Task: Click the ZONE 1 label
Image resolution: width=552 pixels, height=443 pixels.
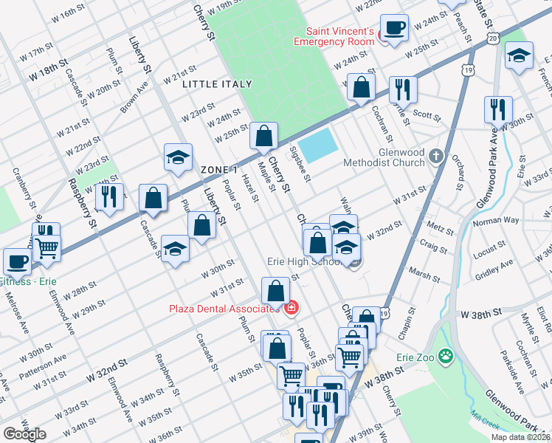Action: (218, 170)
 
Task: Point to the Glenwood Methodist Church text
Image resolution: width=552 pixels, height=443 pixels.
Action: (384, 157)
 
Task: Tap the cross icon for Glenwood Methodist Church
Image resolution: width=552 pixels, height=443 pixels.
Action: (437, 156)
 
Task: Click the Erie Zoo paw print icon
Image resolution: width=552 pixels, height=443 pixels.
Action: (445, 357)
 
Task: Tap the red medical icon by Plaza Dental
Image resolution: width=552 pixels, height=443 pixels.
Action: (292, 306)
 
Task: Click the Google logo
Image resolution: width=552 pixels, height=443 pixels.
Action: (24, 434)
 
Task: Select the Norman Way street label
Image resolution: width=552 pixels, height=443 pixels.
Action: (496, 221)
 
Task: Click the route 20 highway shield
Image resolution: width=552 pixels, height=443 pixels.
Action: (492, 38)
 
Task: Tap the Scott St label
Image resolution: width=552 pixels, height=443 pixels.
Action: (426, 114)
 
